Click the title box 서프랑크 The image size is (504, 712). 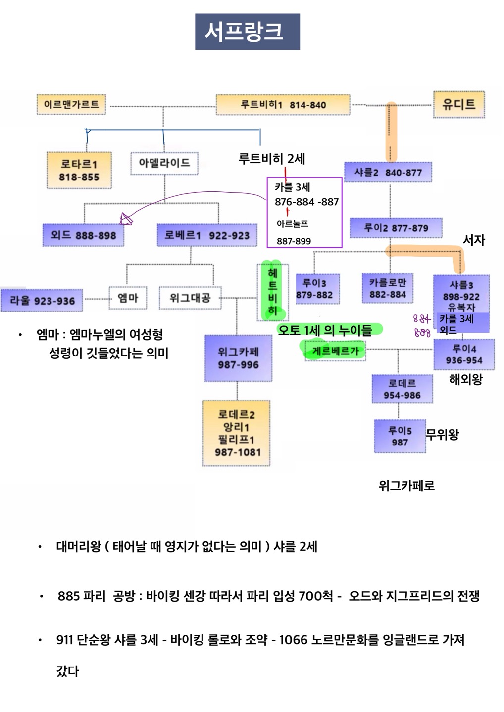(x=247, y=32)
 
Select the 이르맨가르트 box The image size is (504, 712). (x=71, y=105)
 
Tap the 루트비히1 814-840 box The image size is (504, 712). (x=283, y=105)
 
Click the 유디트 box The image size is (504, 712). (x=458, y=104)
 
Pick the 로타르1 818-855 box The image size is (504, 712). (x=79, y=170)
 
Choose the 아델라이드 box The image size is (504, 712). (x=164, y=163)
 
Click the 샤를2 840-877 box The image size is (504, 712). (x=388, y=173)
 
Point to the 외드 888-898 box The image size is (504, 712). (x=83, y=235)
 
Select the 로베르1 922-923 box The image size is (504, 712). (x=206, y=235)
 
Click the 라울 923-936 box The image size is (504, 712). (x=42, y=301)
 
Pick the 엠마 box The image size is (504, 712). (x=127, y=298)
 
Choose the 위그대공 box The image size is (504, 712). (x=190, y=298)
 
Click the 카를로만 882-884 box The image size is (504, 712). (x=388, y=288)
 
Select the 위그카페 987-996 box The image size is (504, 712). (x=238, y=358)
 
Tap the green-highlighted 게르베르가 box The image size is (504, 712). (x=335, y=351)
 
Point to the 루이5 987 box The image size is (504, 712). (x=400, y=436)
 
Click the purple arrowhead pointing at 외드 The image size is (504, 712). (x=126, y=220)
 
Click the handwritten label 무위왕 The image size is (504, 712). (x=443, y=434)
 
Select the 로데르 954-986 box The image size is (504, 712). (x=402, y=389)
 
